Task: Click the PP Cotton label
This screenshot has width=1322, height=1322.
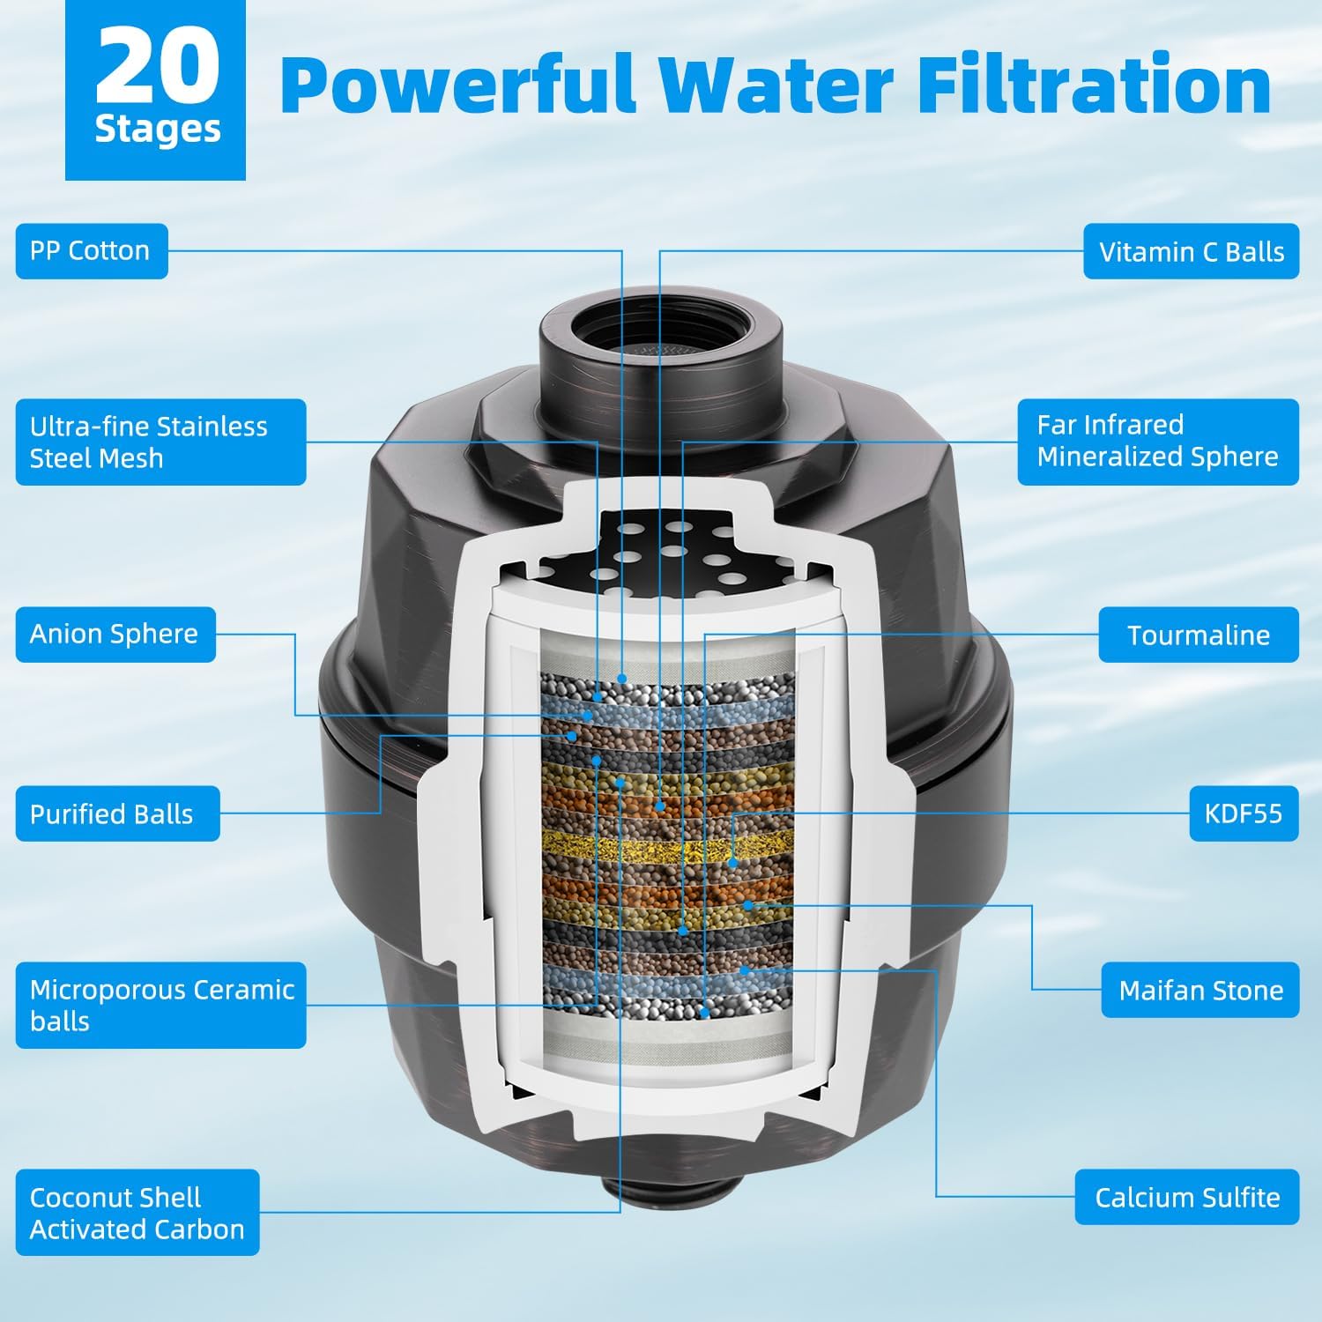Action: (91, 251)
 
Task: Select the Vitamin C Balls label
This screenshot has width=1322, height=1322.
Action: (1191, 252)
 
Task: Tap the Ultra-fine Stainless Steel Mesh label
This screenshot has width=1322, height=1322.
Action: (160, 442)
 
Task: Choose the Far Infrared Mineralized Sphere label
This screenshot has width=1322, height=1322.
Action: (1157, 442)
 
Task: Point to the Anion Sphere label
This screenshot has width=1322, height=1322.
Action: (115, 635)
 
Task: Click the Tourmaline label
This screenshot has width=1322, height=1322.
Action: (1198, 635)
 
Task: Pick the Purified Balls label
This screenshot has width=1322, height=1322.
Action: (116, 814)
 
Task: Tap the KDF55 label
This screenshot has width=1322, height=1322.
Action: (1243, 813)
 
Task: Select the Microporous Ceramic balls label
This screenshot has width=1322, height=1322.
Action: (160, 1006)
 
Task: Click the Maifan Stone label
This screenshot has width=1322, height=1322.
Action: (1199, 991)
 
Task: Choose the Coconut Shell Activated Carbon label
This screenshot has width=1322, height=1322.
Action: (137, 1213)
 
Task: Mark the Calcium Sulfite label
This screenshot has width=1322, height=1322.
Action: (1186, 1198)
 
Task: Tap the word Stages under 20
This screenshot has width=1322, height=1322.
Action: (157, 130)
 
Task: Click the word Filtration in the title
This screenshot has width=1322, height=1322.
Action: (1093, 85)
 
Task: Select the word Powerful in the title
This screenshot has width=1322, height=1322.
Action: (458, 85)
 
